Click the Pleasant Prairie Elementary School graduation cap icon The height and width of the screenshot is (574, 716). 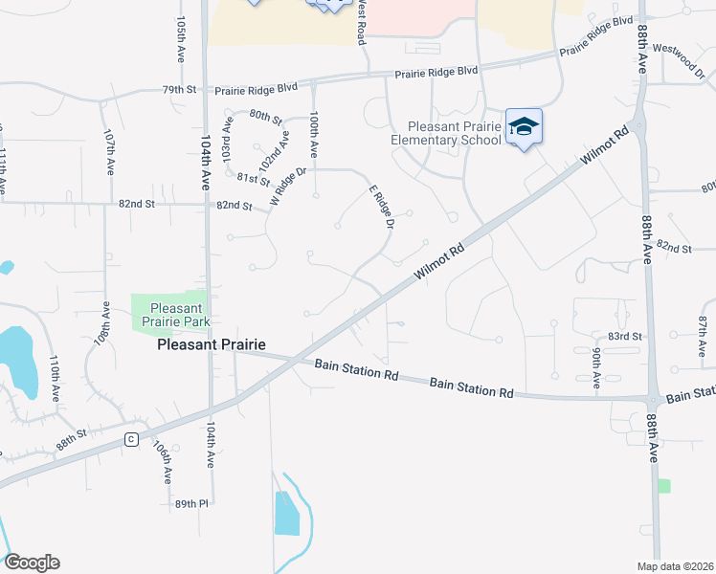click(524, 127)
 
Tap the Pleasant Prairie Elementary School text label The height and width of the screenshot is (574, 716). click(446, 133)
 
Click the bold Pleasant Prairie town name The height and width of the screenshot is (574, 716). click(211, 345)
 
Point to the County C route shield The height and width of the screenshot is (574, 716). click(130, 439)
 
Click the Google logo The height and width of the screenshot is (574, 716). click(32, 562)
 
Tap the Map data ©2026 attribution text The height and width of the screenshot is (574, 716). click(675, 565)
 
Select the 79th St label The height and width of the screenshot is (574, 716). click(179, 90)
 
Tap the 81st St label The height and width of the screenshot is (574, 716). click(254, 180)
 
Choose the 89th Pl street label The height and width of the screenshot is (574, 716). click(191, 503)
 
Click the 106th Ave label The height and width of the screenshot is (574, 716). click(165, 462)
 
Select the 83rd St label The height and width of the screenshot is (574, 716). click(624, 337)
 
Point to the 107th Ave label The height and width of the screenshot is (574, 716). click(110, 150)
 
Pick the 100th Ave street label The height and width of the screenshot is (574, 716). click(314, 136)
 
